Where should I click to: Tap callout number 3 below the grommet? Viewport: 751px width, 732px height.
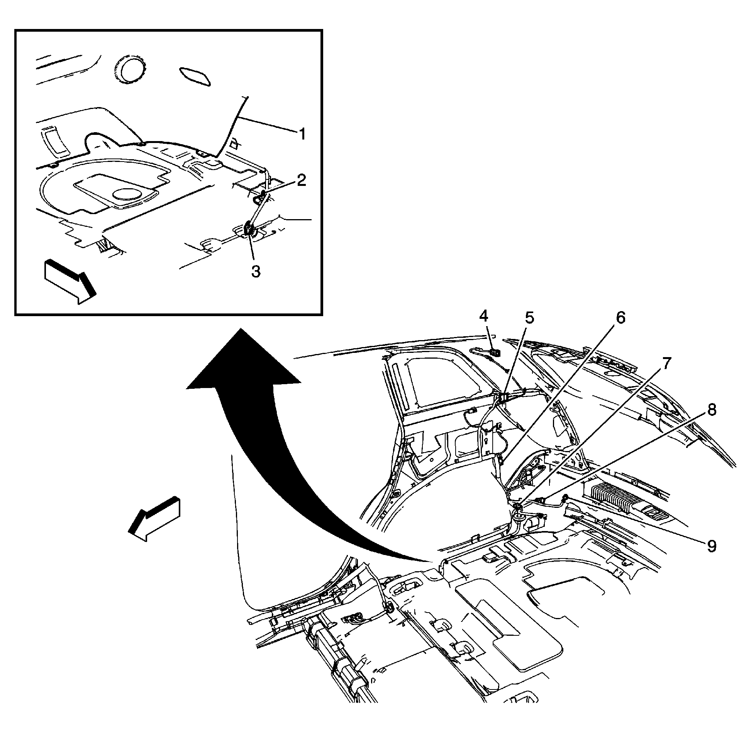(256, 271)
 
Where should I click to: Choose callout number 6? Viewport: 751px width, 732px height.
(620, 318)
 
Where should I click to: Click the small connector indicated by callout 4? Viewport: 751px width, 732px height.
(495, 352)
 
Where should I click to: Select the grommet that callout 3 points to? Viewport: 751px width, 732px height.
(249, 229)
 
